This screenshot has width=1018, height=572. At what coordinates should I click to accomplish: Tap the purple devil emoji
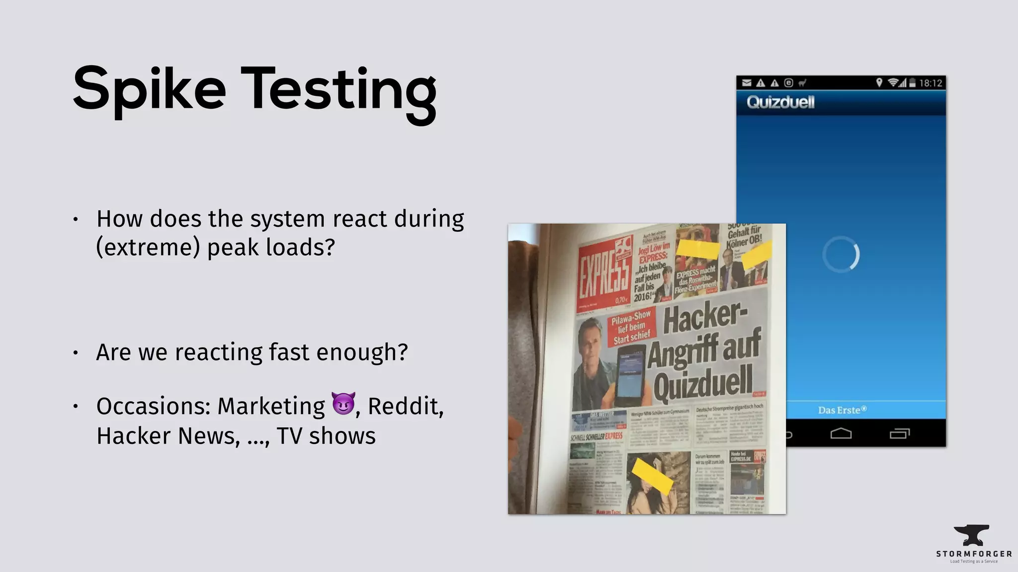pos(343,403)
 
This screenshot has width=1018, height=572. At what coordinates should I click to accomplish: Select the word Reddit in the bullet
pos(404,406)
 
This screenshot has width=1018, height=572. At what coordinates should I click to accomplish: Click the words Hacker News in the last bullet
pos(167,436)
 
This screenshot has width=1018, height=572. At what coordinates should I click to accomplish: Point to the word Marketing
pos(271,406)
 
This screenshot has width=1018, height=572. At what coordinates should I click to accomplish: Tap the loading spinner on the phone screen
pos(841,254)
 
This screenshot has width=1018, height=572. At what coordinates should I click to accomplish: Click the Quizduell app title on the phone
pos(780,102)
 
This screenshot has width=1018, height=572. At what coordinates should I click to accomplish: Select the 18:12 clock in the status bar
pos(931,83)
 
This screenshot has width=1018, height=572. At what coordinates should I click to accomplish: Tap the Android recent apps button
pos(900,433)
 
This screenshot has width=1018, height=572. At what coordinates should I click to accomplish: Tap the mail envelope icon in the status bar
pos(747,83)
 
